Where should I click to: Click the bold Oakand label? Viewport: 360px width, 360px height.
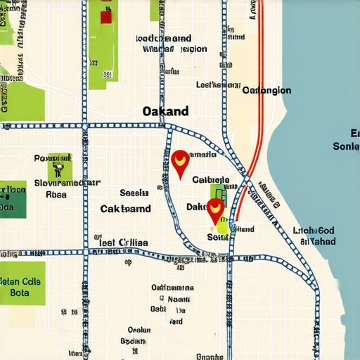click(x=165, y=111)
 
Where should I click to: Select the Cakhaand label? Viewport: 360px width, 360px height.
click(x=125, y=209)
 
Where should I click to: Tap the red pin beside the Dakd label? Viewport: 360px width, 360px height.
click(x=215, y=210)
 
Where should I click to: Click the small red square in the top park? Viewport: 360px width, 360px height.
click(x=105, y=17)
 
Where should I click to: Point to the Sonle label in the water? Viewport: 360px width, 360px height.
click(x=347, y=146)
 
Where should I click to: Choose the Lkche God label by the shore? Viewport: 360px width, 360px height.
click(x=313, y=231)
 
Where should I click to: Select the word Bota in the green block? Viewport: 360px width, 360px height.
click(x=20, y=292)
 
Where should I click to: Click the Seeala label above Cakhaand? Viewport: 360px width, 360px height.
click(x=134, y=192)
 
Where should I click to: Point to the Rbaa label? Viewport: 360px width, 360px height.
click(x=56, y=194)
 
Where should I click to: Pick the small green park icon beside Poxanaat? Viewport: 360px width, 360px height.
click(x=59, y=168)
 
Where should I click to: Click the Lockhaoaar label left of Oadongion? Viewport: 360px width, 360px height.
click(x=218, y=84)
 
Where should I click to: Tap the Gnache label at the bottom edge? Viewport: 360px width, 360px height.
click(x=210, y=356)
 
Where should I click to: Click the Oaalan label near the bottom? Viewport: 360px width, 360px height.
click(x=139, y=329)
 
